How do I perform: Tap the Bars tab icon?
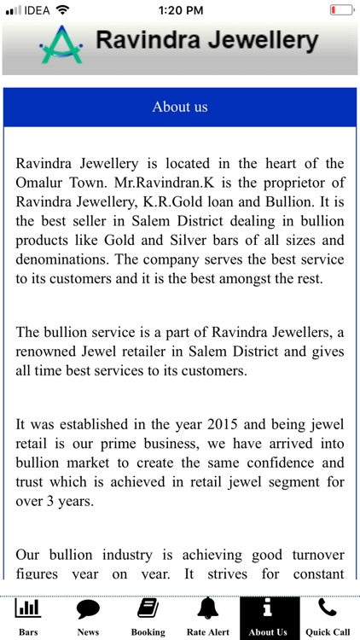click(x=28, y=609)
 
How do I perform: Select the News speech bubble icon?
click(x=88, y=609)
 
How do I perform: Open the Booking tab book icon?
click(x=148, y=609)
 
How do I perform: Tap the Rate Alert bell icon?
click(x=207, y=609)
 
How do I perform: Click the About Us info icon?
click(x=268, y=609)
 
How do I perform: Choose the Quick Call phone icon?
click(x=328, y=608)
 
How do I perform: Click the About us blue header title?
click(x=180, y=107)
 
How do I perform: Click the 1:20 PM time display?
click(x=181, y=9)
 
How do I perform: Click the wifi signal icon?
click(x=63, y=9)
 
